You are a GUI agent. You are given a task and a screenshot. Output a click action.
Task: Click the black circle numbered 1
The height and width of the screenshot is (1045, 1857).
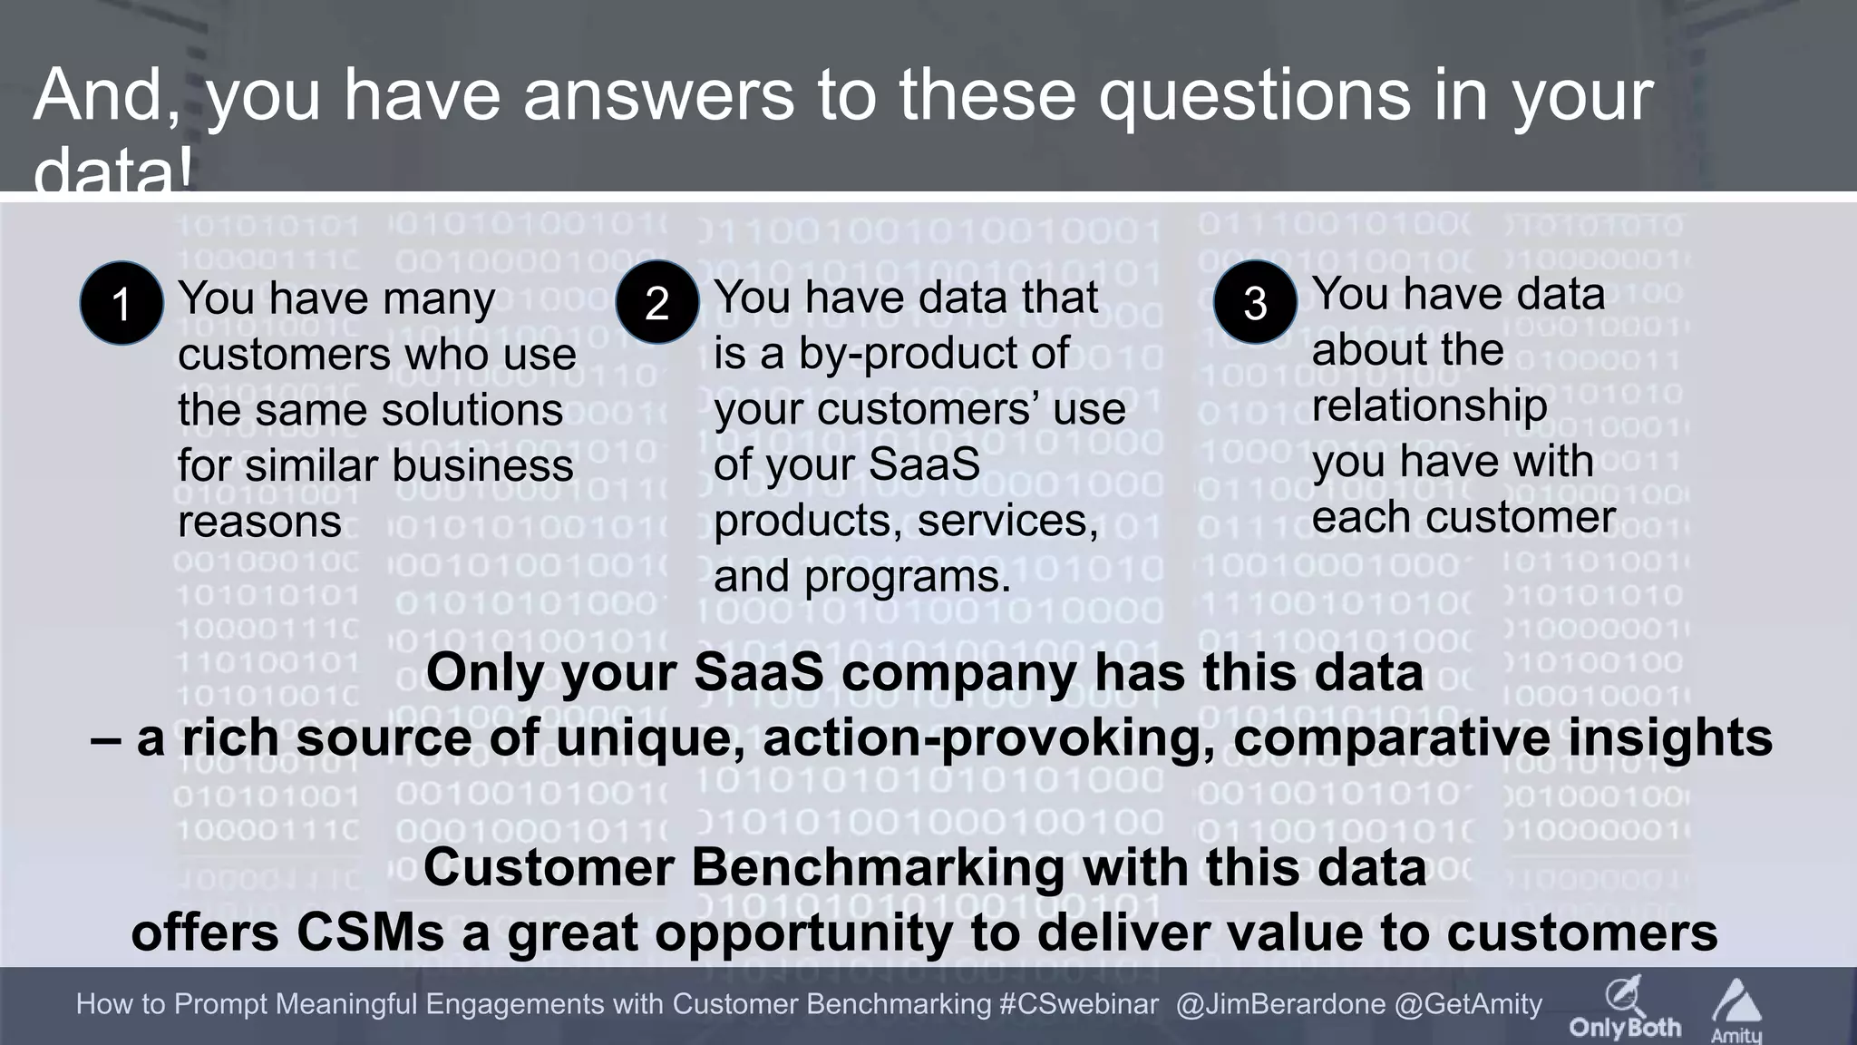[x=122, y=303]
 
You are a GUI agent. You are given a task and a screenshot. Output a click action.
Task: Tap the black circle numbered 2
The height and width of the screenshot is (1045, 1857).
[x=656, y=302]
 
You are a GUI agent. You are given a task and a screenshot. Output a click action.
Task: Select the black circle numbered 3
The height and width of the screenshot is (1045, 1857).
[x=1255, y=302]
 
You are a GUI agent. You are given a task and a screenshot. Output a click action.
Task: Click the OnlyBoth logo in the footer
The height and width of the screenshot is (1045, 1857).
[x=1625, y=1008]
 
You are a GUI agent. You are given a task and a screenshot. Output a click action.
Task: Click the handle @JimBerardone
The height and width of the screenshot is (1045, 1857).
[x=1280, y=1004]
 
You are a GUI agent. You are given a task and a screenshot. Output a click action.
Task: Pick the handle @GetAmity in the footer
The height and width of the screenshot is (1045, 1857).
[x=1468, y=1004]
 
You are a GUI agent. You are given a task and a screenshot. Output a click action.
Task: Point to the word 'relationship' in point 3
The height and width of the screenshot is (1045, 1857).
[x=1430, y=405]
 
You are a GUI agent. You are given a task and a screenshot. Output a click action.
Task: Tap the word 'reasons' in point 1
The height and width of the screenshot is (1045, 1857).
[x=259, y=522]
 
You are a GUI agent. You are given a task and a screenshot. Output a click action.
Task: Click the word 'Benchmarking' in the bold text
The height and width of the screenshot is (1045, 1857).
[x=878, y=867]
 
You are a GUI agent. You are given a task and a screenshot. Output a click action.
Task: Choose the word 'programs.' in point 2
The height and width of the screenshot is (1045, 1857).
[x=907, y=577]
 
